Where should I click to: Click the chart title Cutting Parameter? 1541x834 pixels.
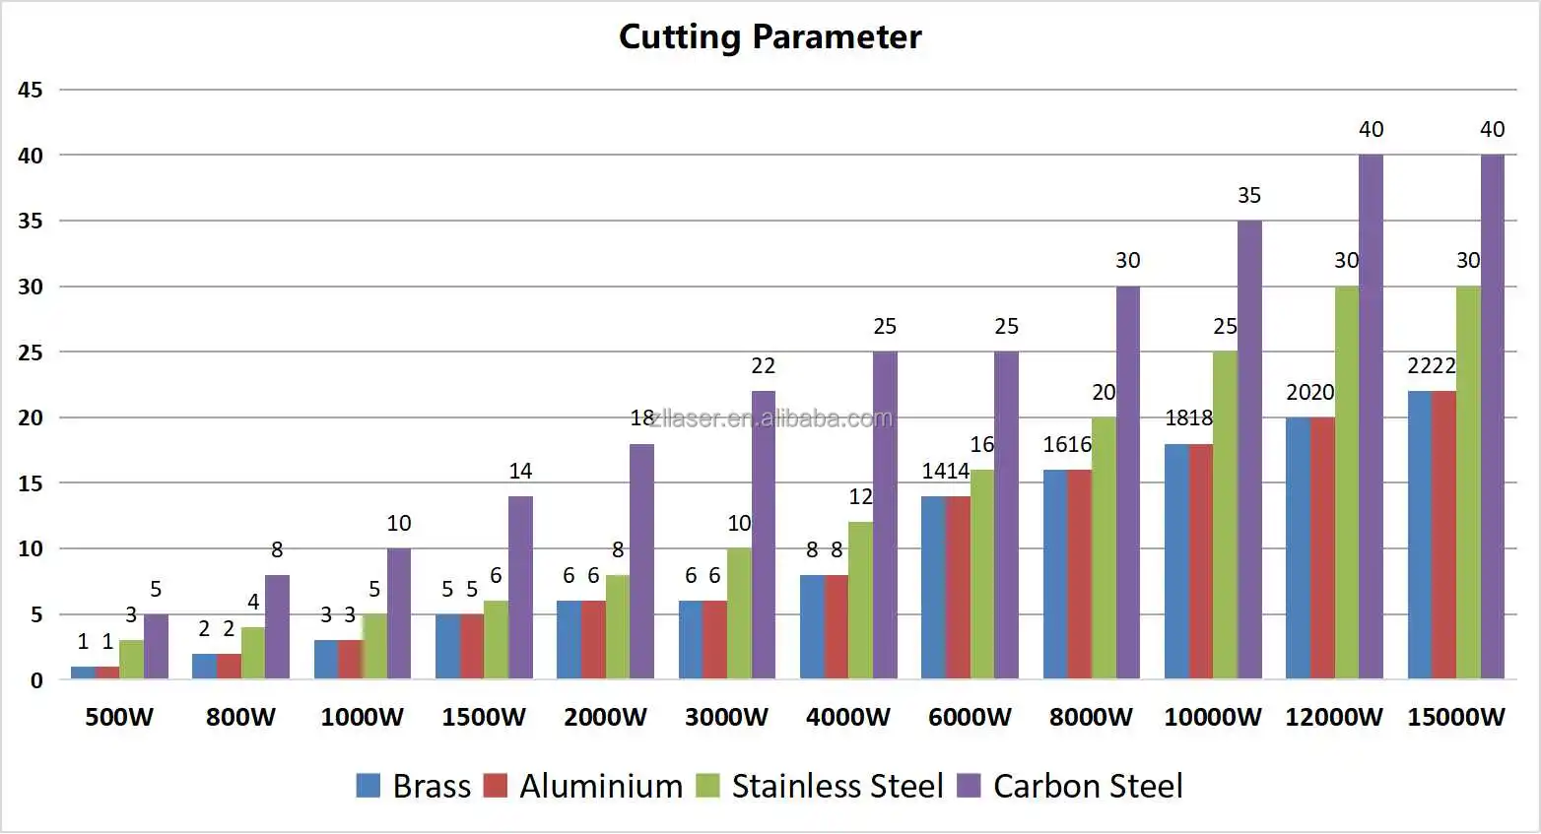point(770,36)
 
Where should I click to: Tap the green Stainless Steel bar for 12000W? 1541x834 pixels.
point(1346,482)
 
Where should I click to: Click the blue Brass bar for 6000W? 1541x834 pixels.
point(933,587)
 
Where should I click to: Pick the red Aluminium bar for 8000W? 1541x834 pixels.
point(1079,574)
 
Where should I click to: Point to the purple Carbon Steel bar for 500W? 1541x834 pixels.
point(156,646)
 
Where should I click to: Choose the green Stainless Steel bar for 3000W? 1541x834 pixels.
point(739,613)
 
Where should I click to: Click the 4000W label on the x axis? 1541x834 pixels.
point(847,717)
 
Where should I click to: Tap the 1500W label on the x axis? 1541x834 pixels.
point(483,717)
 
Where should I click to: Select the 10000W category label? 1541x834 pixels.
point(1212,717)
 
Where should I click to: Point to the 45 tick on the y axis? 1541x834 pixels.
point(31,90)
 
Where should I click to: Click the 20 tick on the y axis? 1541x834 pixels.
point(31,417)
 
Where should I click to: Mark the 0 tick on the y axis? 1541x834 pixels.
point(36,680)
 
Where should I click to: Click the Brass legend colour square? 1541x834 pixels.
point(368,785)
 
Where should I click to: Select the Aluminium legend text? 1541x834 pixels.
point(601,786)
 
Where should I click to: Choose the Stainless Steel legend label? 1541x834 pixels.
point(837,786)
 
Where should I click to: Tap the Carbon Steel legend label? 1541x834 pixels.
point(1088,786)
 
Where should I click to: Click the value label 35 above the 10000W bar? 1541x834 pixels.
point(1248,195)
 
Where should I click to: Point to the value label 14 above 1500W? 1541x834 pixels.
point(520,471)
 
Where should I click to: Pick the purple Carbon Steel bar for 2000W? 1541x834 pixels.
point(641,561)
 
